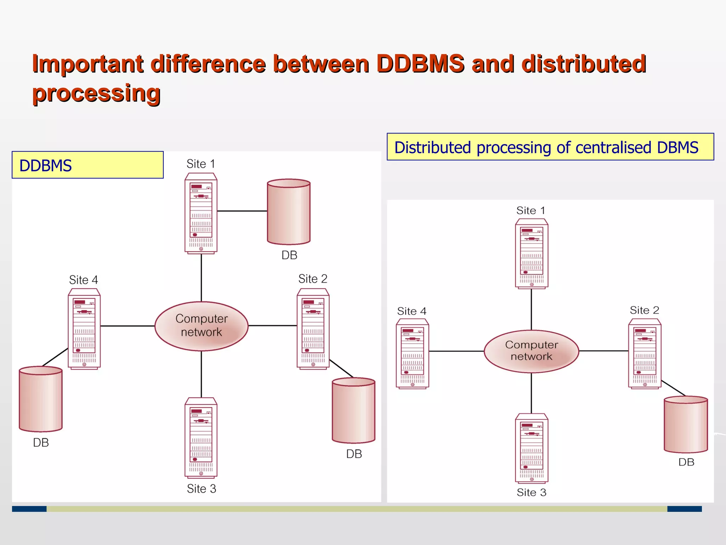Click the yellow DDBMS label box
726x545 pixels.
[88, 165]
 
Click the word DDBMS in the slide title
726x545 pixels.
[420, 64]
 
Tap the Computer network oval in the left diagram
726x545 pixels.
[201, 326]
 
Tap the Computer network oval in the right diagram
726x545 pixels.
[531, 351]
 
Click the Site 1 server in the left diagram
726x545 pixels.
[201, 213]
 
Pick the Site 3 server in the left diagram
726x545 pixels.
[201, 437]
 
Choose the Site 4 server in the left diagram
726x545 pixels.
[84, 329]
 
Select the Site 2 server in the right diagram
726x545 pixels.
[644, 353]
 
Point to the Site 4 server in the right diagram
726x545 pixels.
[412, 353]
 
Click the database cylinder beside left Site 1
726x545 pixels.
[289, 212]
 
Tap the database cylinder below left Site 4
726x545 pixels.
[41, 399]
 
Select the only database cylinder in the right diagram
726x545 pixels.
[686, 424]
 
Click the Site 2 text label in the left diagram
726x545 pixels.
[313, 279]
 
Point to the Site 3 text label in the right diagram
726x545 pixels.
[531, 492]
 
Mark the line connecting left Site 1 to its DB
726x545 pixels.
[242, 211]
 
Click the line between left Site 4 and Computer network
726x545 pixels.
[128, 326]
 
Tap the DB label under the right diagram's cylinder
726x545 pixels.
[686, 462]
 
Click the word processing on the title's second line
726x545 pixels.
[96, 93]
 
